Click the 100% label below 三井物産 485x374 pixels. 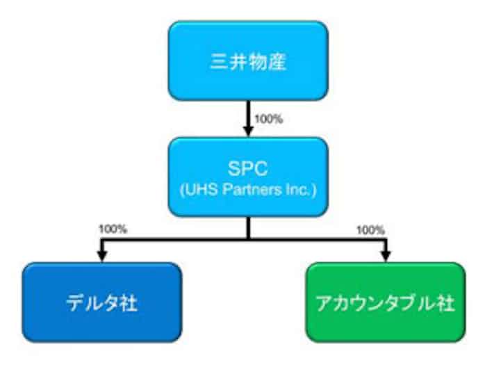pyautogui.click(x=269, y=119)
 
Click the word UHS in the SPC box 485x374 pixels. pyautogui.click(x=204, y=188)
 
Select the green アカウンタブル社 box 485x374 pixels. pyautogui.click(x=385, y=302)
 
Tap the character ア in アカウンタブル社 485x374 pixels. pyautogui.click(x=324, y=303)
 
